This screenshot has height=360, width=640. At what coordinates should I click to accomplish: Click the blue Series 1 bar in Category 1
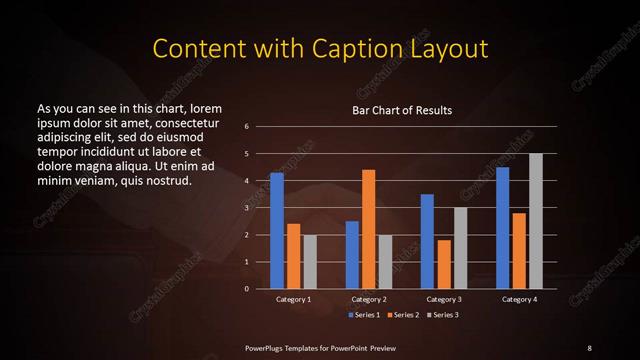(x=276, y=231)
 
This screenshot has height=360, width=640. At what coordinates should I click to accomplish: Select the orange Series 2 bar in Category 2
(x=368, y=229)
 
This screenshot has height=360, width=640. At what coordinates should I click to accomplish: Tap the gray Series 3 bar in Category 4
(x=535, y=221)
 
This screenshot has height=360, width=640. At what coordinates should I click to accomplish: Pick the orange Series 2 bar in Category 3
(x=443, y=264)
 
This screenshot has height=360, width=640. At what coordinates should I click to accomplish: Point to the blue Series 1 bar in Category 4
(x=502, y=228)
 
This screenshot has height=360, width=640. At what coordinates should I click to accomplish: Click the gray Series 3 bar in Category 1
(x=310, y=262)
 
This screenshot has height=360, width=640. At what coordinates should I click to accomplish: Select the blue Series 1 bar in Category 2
(x=352, y=255)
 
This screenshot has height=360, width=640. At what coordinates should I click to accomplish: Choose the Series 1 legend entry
(x=362, y=315)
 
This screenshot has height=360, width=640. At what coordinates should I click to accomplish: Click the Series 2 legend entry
(x=400, y=315)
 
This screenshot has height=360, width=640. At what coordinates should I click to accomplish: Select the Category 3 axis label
(x=443, y=299)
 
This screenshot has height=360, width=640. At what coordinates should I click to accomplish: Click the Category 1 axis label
(x=293, y=299)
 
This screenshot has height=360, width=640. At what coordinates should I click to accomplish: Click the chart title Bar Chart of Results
(x=401, y=110)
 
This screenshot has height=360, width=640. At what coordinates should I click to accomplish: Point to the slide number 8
(x=588, y=347)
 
